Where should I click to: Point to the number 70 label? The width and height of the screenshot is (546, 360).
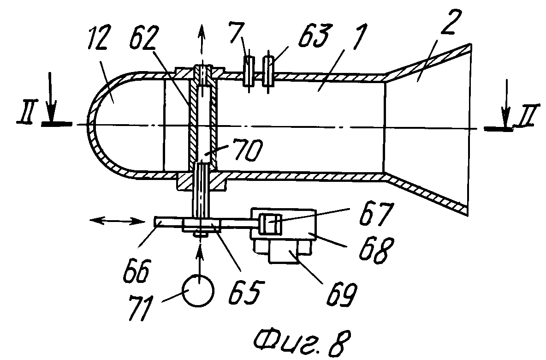coord(248,150)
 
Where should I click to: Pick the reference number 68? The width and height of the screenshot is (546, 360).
coord(374,250)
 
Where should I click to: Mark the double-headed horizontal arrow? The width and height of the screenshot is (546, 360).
coord(117,220)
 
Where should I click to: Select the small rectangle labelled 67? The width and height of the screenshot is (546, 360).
coord(270,224)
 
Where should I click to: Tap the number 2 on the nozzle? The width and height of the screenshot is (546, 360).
coord(449,22)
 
